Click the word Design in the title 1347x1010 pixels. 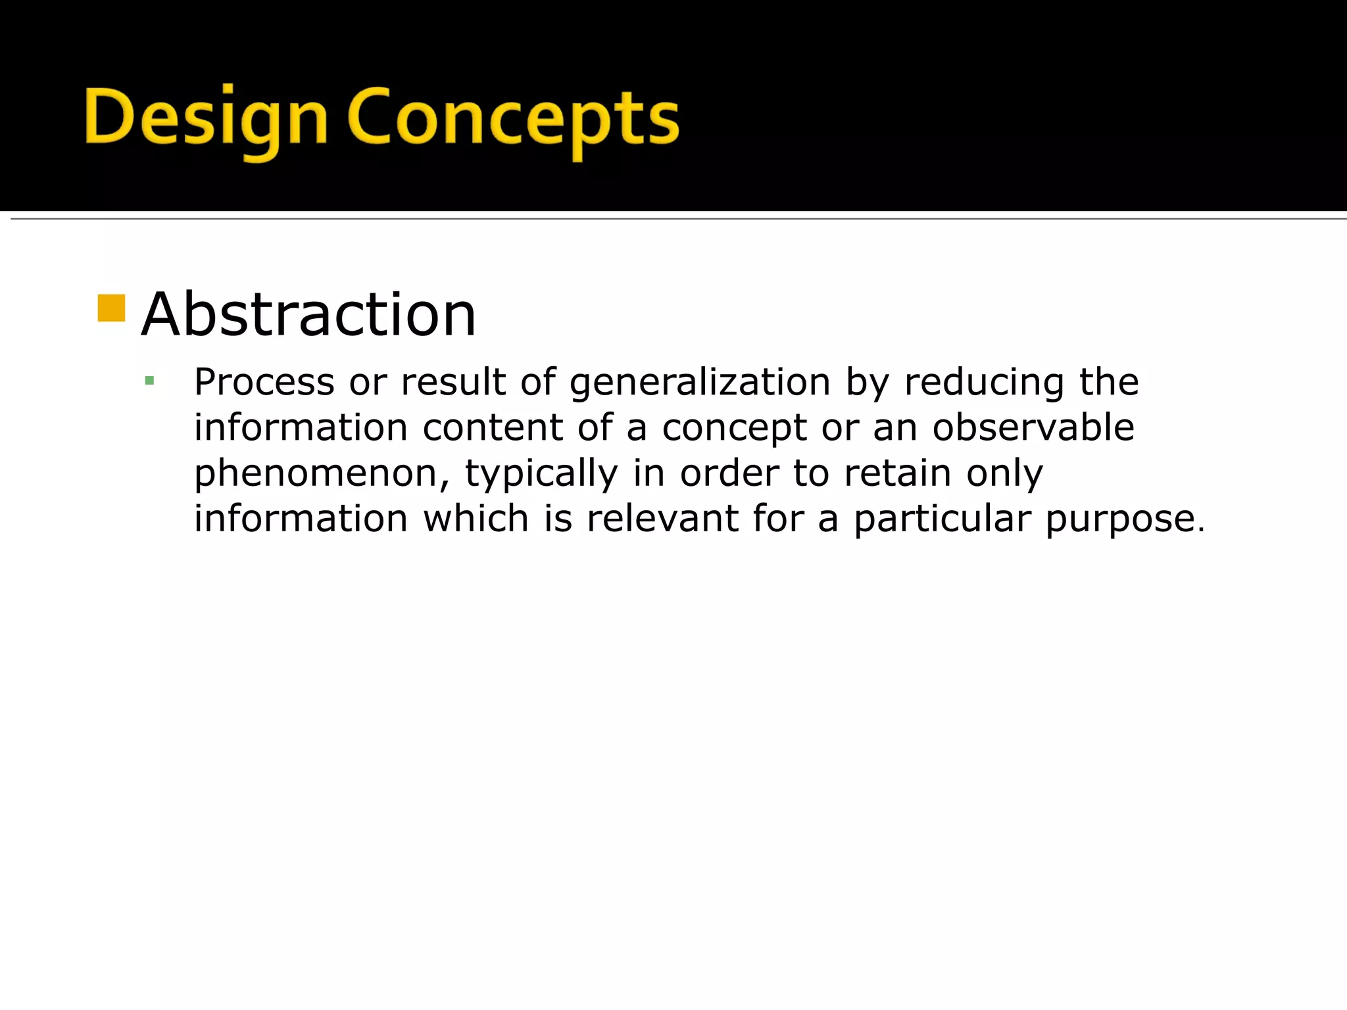click(x=206, y=118)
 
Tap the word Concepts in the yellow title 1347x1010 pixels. click(x=513, y=118)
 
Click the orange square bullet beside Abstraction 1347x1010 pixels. click(x=111, y=308)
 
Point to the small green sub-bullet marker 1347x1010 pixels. click(x=149, y=381)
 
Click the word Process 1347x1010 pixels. click(x=264, y=382)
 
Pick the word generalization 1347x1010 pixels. click(x=700, y=383)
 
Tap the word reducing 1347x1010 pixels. click(x=984, y=383)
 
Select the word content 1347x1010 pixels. click(x=493, y=427)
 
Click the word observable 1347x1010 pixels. click(x=1033, y=427)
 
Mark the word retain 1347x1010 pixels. click(x=898, y=473)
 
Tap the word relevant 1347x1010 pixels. click(x=662, y=518)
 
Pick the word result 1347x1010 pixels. click(x=453, y=382)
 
